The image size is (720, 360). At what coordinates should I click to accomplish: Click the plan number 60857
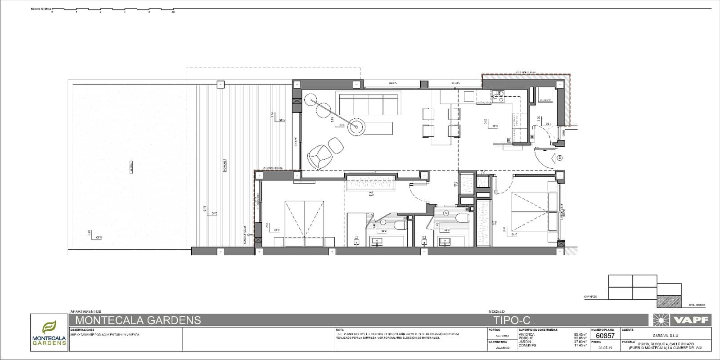[605, 336]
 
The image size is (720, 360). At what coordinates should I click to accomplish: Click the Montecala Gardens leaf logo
[49, 327]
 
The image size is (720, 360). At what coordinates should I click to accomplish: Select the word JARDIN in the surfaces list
[525, 342]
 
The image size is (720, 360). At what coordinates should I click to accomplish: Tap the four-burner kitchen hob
[499, 95]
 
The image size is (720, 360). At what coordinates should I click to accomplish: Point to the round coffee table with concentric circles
[357, 126]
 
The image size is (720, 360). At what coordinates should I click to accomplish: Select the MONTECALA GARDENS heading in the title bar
[138, 320]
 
